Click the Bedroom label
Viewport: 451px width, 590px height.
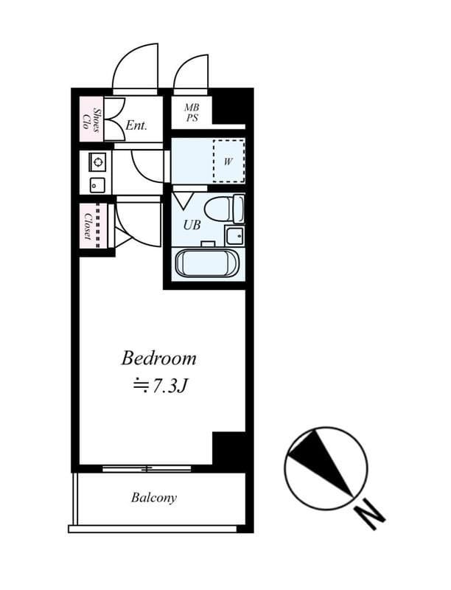pyautogui.click(x=158, y=358)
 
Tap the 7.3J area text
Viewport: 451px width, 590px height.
pyautogui.click(x=161, y=385)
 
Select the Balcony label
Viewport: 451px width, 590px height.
pyautogui.click(x=154, y=498)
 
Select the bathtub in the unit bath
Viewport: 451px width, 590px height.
pyautogui.click(x=208, y=263)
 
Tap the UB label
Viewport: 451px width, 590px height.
pyautogui.click(x=192, y=225)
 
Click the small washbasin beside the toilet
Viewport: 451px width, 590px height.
pyautogui.click(x=235, y=235)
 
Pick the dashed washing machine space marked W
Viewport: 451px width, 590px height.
pyautogui.click(x=229, y=161)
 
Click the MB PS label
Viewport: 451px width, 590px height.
pyautogui.click(x=192, y=113)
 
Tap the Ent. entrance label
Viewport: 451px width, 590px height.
pyautogui.click(x=136, y=125)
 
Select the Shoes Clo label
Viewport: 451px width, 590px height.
pyautogui.click(x=91, y=119)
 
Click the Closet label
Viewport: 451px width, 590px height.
pyautogui.click(x=88, y=226)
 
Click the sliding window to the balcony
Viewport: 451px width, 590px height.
pyautogui.click(x=147, y=469)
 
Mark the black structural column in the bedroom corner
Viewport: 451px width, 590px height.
pyautogui.click(x=229, y=448)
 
